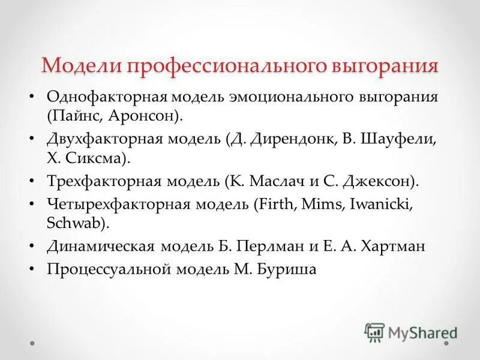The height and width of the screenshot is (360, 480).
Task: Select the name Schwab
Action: (x=75, y=223)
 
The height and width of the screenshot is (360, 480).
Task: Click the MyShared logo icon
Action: (x=374, y=332)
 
